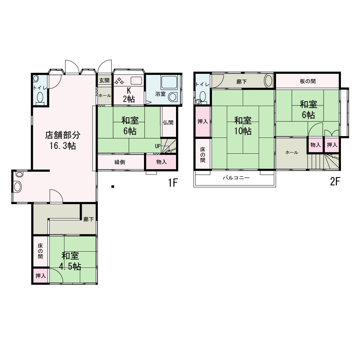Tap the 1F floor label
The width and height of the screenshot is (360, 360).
pos(173,183)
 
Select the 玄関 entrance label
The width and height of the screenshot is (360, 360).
pos(104,81)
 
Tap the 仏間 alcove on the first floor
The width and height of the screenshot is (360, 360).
pos(168,122)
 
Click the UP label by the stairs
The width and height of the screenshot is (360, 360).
pos(158,146)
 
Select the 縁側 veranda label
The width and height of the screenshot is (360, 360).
pos(120,162)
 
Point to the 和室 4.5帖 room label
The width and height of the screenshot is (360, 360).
pos(71,261)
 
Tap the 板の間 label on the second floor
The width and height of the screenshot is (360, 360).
pos(307,81)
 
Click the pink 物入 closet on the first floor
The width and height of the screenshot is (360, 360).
pos(161,162)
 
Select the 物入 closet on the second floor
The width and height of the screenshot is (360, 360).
pos(315,145)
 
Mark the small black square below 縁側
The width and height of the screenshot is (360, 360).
pos(113,186)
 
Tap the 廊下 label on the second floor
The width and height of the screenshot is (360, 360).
pos(242,82)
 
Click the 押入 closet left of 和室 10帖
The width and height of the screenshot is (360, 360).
pos(203,122)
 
